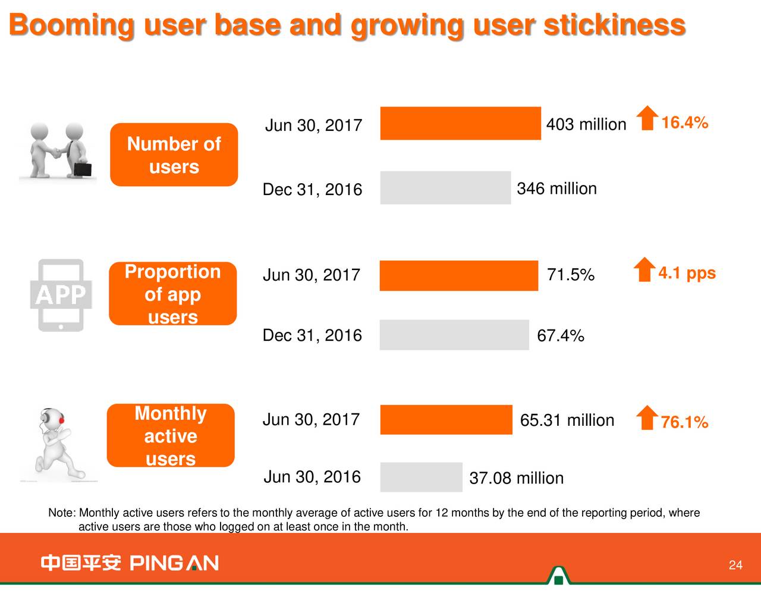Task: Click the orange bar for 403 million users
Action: pyautogui.click(x=460, y=123)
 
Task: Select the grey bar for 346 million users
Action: pyautogui.click(x=445, y=187)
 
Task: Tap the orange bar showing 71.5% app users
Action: pyautogui.click(x=458, y=275)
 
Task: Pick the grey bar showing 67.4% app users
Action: pyautogui.click(x=454, y=335)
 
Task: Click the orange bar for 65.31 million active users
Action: pyautogui.click(x=446, y=419)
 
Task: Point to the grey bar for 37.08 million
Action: pyautogui.click(x=421, y=477)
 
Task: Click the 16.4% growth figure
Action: pyautogui.click(x=684, y=123)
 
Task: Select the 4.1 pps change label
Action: pyautogui.click(x=687, y=273)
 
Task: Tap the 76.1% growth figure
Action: pyautogui.click(x=684, y=422)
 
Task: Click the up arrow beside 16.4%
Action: pyautogui.click(x=647, y=118)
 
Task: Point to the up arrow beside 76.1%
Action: pyautogui.click(x=647, y=417)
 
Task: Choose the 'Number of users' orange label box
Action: pyautogui.click(x=174, y=155)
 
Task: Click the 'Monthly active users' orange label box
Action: pyautogui.click(x=171, y=435)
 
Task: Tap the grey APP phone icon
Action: pyautogui.click(x=61, y=295)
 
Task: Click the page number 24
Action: pyautogui.click(x=735, y=565)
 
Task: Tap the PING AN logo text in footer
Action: pyautogui.click(x=174, y=563)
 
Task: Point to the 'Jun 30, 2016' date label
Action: pyautogui.click(x=312, y=477)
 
